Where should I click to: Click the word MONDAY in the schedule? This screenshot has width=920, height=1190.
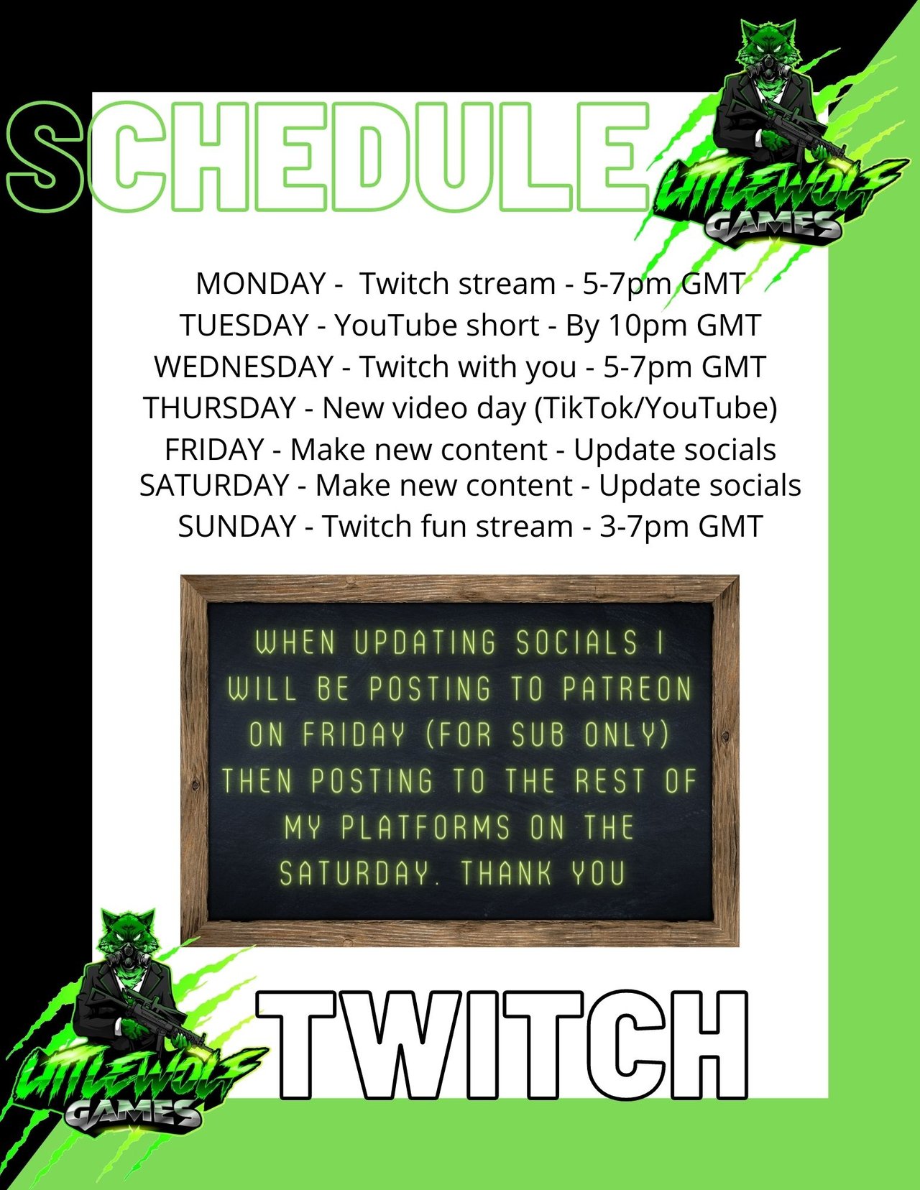click(261, 284)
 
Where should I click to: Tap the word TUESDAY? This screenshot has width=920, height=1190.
click(244, 326)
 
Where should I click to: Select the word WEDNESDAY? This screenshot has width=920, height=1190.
click(244, 366)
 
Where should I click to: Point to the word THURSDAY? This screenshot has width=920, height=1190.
click(220, 407)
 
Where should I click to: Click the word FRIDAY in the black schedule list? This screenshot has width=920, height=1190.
click(215, 450)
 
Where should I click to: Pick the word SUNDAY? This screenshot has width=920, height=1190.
click(237, 526)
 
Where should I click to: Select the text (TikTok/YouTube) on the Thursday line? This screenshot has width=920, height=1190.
click(655, 409)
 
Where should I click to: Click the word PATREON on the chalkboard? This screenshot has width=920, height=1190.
click(627, 689)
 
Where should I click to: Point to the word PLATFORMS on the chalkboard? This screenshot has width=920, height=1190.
click(425, 827)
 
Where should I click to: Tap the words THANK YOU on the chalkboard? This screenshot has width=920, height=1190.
click(542, 873)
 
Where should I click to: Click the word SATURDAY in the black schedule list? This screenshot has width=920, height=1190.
click(214, 485)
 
